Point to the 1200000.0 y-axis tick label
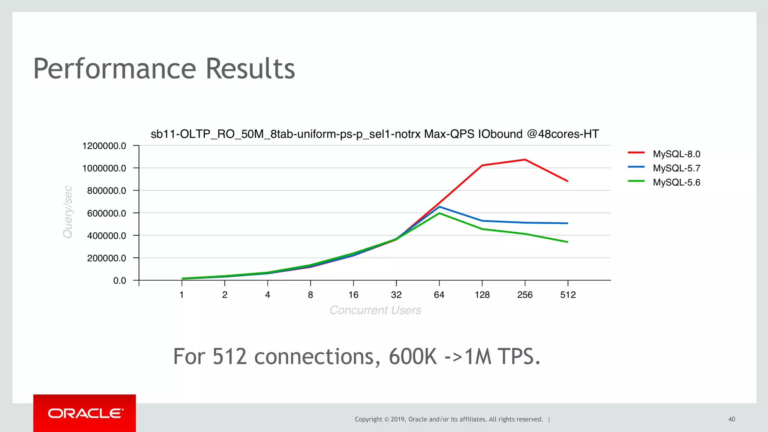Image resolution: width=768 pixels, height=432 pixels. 104,146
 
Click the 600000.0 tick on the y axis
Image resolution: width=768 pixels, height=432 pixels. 106,213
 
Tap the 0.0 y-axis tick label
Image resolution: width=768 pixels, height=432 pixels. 120,281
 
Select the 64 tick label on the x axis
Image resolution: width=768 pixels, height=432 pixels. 439,295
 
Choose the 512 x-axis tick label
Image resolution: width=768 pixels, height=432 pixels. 568,295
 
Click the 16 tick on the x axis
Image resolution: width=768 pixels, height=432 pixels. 353,295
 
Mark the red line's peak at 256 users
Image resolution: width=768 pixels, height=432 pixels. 525,160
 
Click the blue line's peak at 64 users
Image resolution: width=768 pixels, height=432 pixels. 439,206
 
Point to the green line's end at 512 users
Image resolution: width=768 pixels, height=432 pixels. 567,242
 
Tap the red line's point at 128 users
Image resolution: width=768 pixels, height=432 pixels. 482,165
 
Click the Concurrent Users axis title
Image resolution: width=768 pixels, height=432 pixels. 375,310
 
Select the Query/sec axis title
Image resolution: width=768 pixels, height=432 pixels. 68,212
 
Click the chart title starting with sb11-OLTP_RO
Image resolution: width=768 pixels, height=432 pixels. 375,134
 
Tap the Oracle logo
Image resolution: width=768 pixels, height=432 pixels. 85,413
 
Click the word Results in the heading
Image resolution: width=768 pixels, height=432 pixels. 250,69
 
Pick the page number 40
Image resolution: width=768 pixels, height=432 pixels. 732,419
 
